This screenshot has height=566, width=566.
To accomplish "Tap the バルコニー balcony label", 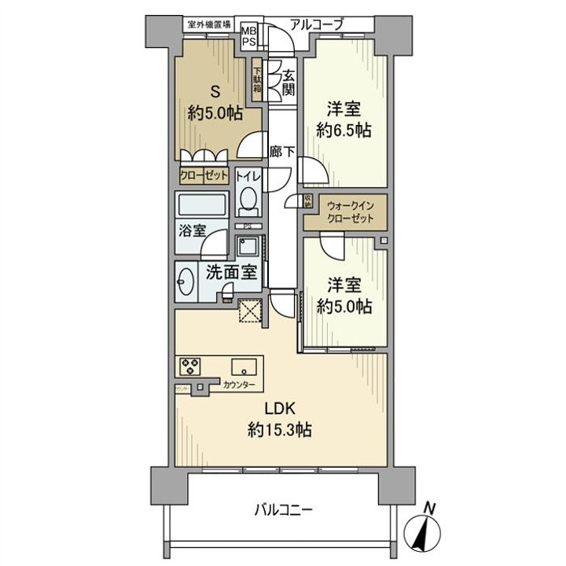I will tap(283, 510).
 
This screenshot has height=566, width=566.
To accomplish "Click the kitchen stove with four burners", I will tap(191, 366).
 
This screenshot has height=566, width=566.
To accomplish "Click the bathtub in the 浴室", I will tap(202, 206).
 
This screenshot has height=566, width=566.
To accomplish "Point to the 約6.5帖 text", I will tap(344, 131).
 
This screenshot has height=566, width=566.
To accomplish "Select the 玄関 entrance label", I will tap(289, 83).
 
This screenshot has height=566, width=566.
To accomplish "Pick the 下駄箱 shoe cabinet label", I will tap(257, 82).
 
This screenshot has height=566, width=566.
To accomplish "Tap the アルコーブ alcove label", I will tap(316, 24).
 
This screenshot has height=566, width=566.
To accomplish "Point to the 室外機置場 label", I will tap(208, 24).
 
